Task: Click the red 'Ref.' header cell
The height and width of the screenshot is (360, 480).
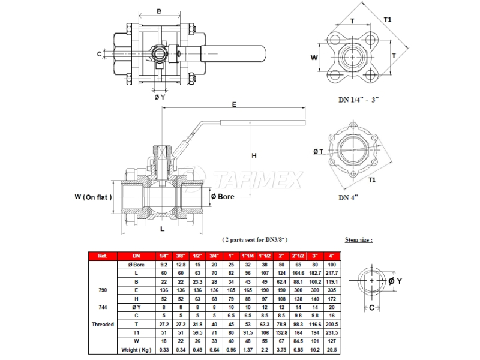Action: (x=103, y=256)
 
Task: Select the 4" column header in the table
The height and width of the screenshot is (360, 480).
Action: (x=331, y=256)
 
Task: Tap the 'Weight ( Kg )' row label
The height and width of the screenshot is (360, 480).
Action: (x=137, y=350)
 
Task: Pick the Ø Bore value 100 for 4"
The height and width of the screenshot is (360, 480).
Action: (x=331, y=265)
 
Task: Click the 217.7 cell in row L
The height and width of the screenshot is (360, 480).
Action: (x=331, y=273)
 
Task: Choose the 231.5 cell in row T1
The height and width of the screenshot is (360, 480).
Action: (x=331, y=332)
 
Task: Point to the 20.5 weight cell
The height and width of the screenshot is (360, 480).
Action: (x=331, y=350)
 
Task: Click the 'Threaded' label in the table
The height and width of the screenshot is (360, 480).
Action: (x=103, y=324)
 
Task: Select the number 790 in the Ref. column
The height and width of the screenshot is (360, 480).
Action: (x=103, y=290)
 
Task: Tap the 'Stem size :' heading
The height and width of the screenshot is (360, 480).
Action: (x=359, y=239)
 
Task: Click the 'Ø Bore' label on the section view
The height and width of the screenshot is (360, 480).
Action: (x=222, y=196)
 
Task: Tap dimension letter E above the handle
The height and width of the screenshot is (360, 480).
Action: (x=234, y=104)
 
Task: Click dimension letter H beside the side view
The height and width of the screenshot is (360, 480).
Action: (x=254, y=155)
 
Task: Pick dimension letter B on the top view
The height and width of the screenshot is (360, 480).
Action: (x=159, y=11)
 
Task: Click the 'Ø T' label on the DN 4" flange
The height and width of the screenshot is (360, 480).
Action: (x=319, y=151)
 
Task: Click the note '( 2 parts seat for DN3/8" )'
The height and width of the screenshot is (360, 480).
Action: (x=255, y=239)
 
